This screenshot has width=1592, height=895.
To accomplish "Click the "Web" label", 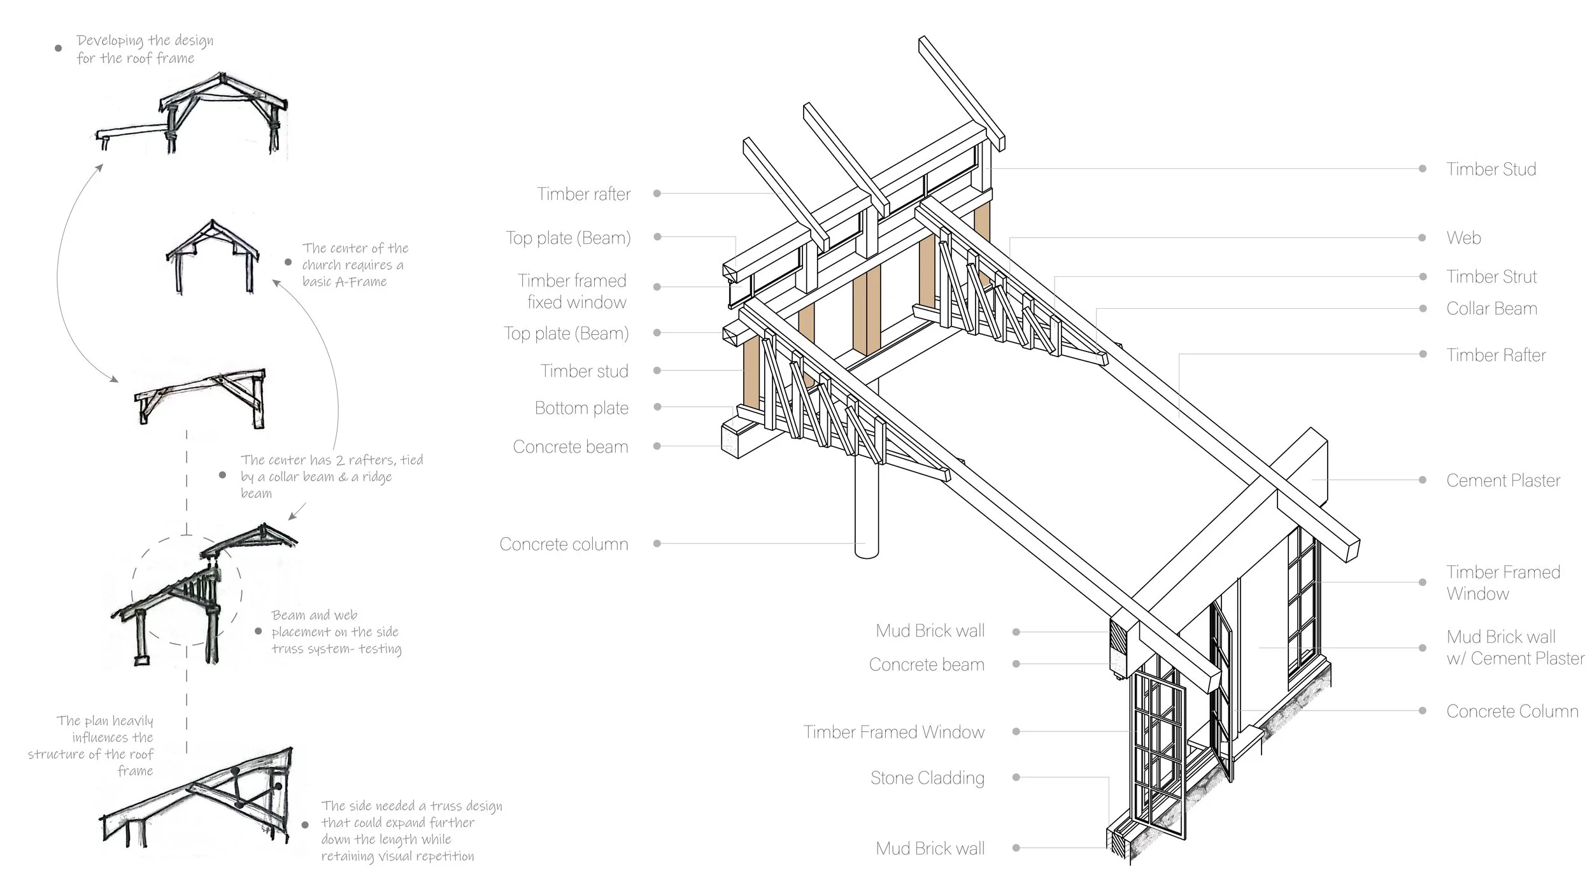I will pyautogui.click(x=1463, y=238).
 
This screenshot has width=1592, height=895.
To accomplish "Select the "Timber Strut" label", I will pyautogui.click(x=1491, y=277).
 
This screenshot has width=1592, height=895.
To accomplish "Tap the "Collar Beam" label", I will pyautogui.click(x=1491, y=309).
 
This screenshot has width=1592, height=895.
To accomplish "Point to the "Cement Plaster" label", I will pyautogui.click(x=1503, y=481).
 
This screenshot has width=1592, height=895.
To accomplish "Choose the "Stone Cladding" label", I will pyautogui.click(x=927, y=778).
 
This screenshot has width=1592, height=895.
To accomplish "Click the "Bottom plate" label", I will pyautogui.click(x=581, y=408).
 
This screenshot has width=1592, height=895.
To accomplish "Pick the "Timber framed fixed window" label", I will pyautogui.click(x=572, y=292).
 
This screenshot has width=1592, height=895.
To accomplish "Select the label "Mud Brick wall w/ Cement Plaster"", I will pyautogui.click(x=1515, y=647).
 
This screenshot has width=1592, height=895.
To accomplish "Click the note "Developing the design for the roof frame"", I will pyautogui.click(x=145, y=49).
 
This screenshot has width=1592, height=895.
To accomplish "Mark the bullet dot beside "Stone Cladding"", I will pyautogui.click(x=1016, y=777).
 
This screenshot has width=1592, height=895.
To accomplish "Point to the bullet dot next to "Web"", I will pyautogui.click(x=1422, y=237).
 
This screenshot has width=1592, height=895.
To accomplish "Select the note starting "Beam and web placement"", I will pyautogui.click(x=336, y=632).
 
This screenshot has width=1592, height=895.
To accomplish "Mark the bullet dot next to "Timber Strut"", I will pyautogui.click(x=1422, y=276).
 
